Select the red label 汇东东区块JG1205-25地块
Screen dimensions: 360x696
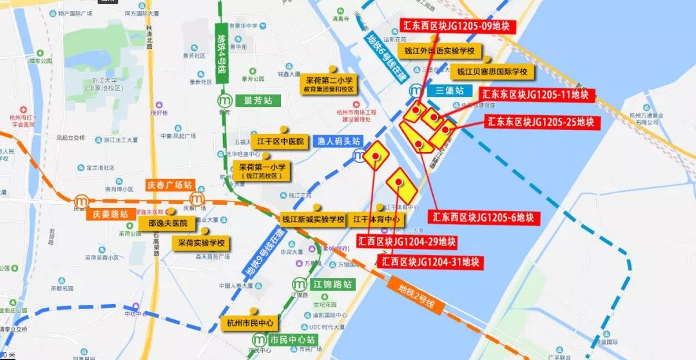(x=540, y=122)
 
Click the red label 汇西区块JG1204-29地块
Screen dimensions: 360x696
(x=407, y=242)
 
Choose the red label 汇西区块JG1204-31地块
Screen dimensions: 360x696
(x=430, y=261)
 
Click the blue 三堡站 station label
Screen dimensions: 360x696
(x=450, y=91)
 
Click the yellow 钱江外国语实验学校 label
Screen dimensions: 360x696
(x=439, y=51)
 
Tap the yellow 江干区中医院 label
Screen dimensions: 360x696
(x=280, y=141)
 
